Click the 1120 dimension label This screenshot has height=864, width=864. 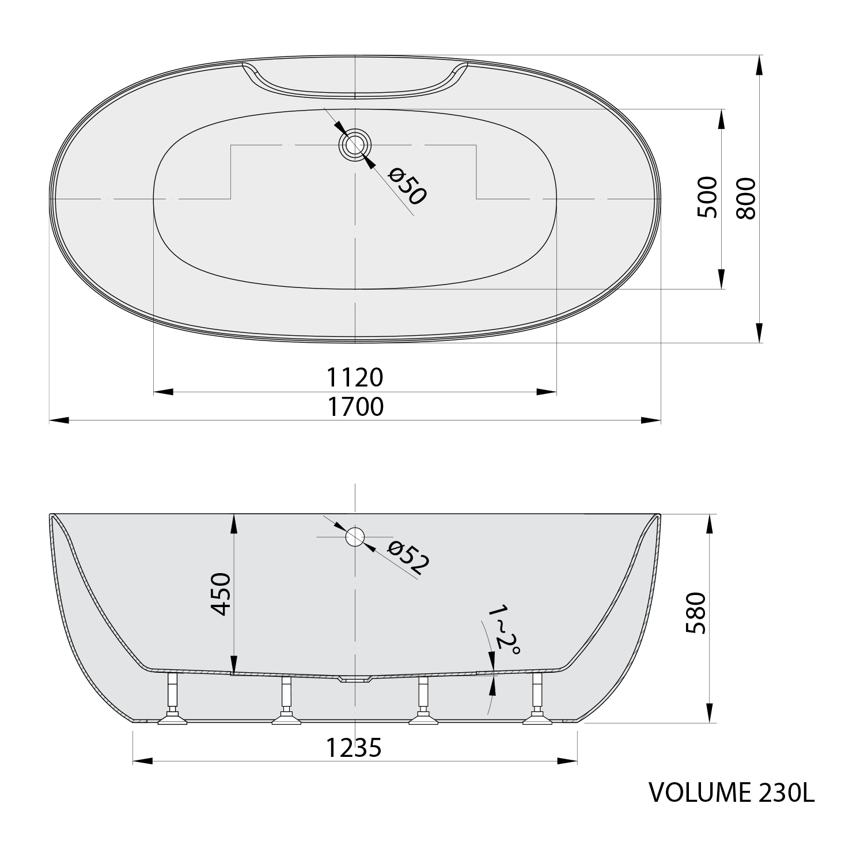pos(355,378)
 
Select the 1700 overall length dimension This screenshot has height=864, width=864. pos(355,407)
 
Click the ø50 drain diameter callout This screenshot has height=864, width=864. pos(407,185)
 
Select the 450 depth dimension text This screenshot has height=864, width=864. pos(221,594)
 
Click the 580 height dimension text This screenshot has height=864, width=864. pos(696,613)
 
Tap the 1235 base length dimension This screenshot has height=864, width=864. pos(354,748)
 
